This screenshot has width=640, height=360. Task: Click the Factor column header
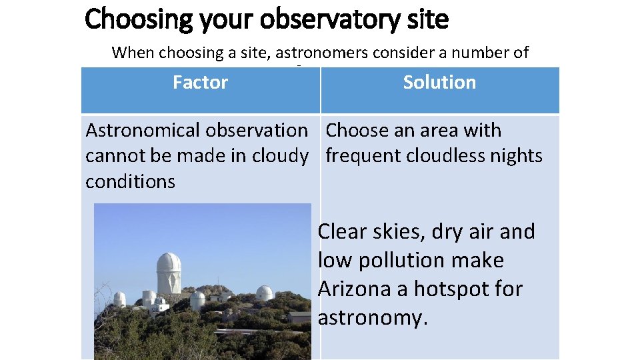coord(200,83)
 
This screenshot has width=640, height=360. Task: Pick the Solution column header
coord(439,83)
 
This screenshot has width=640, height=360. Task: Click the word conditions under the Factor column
coord(130,181)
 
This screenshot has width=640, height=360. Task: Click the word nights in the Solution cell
coord(515,156)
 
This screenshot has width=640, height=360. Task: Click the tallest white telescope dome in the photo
coord(168,272)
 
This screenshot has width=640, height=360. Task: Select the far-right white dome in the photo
coord(265,293)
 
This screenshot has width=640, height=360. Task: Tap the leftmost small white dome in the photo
coord(119,299)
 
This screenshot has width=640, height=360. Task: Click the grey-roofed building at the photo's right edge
coord(300,316)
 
